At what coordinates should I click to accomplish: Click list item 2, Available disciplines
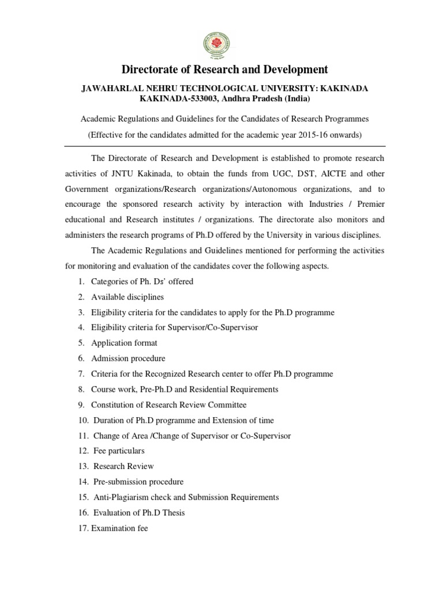point(127,297)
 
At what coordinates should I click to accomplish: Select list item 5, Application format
point(123,343)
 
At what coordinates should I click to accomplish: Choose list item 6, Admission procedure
point(127,358)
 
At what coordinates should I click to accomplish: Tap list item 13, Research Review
point(123,466)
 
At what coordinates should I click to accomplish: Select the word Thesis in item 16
point(173,512)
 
